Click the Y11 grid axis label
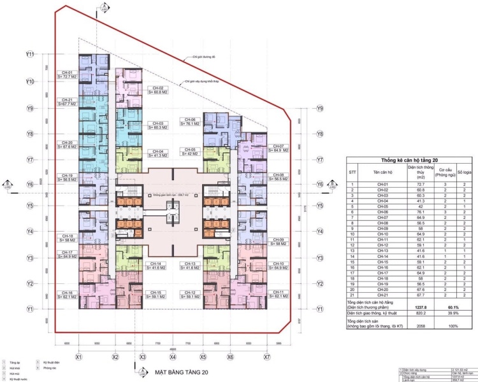(29, 55)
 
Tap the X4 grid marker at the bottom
(173, 357)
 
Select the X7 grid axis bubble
(267, 357)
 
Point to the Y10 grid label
(29, 82)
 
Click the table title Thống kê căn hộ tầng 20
(405, 160)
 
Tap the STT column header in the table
(352, 172)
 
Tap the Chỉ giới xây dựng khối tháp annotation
(200, 81)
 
